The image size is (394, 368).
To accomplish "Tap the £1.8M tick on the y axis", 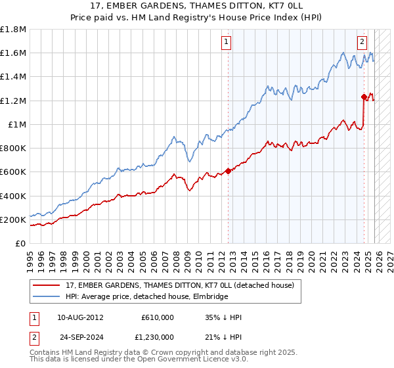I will click(x=13, y=30).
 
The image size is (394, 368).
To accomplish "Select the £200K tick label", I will click(x=13, y=219).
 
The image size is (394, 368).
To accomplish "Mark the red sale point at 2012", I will click(x=228, y=171).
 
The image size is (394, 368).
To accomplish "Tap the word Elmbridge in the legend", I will click(x=210, y=297).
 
